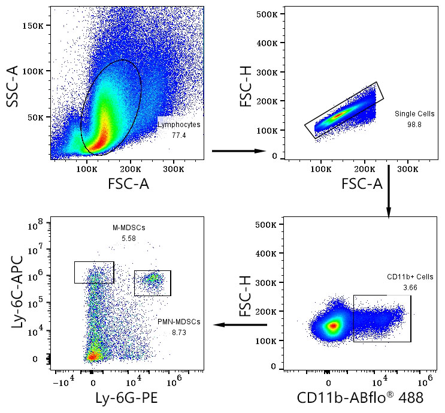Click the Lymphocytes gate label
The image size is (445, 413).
tap(179, 125)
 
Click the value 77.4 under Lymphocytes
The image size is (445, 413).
tap(179, 136)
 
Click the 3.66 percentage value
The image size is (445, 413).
tap(410, 288)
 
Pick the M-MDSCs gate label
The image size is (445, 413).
tap(129, 228)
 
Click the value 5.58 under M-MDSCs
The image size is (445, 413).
tap(129, 239)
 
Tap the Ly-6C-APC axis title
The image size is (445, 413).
tap(14, 294)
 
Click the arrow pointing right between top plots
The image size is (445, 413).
tap(239, 151)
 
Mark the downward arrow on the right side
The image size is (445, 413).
tap(388, 192)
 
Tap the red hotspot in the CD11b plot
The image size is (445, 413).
tap(332, 325)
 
